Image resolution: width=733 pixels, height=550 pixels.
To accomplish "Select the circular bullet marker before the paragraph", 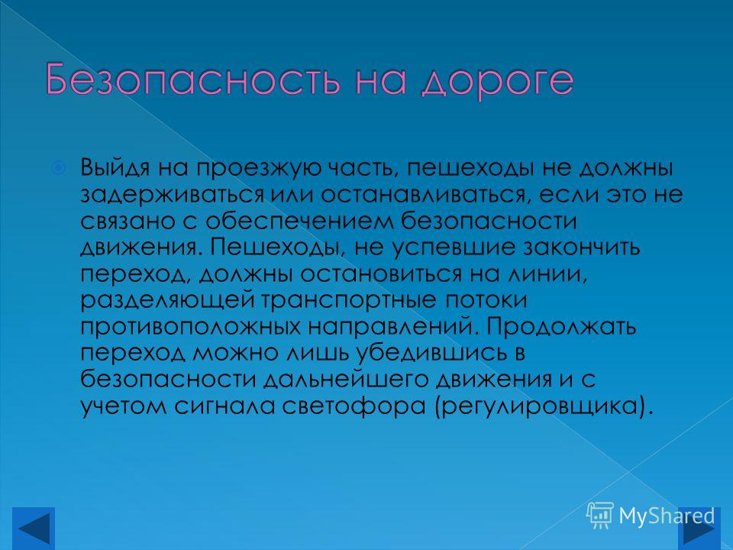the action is (58, 167).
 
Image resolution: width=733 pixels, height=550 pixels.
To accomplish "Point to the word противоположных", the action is (190, 326).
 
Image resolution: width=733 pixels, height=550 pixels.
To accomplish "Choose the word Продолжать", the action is (561, 326).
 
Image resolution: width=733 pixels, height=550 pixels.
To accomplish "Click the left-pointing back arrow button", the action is (33, 529).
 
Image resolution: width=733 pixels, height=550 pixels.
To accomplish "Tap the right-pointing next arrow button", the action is (699, 529).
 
